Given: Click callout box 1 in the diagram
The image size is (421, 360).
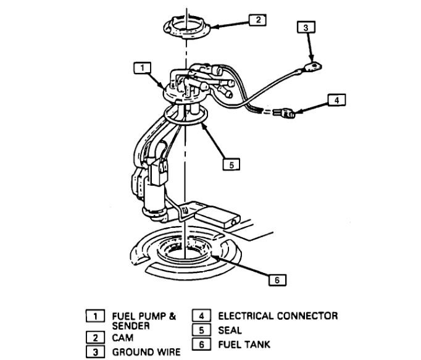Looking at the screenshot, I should pyautogui.click(x=142, y=66).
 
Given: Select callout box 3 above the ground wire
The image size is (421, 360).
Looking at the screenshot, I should pyautogui.click(x=305, y=27).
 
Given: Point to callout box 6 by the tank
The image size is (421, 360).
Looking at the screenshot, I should pyautogui.click(x=277, y=279).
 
